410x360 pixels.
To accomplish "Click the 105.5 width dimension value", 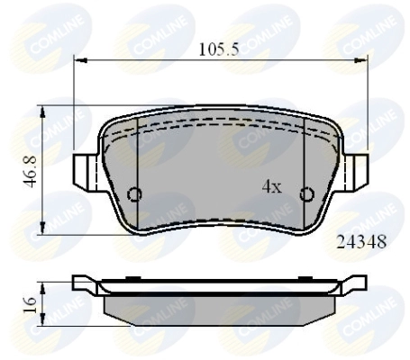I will [218, 50].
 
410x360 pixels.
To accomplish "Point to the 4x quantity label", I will [271, 187].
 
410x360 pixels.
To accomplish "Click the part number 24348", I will [361, 242].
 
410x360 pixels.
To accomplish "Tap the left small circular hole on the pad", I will [135, 194].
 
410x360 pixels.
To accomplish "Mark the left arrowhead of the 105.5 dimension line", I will [77, 61].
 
